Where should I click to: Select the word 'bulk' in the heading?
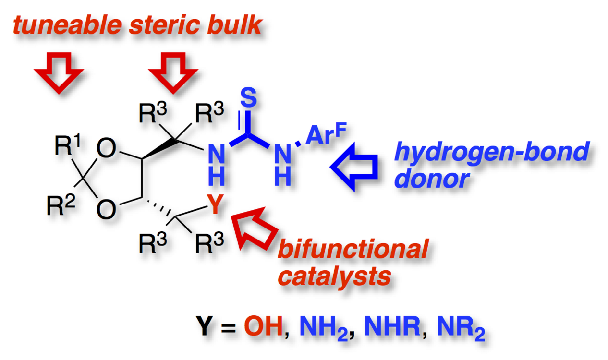coord(237,24)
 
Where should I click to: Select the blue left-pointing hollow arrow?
coord(353,166)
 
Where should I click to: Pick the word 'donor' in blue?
coord(431,179)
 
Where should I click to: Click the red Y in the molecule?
coord(217,206)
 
